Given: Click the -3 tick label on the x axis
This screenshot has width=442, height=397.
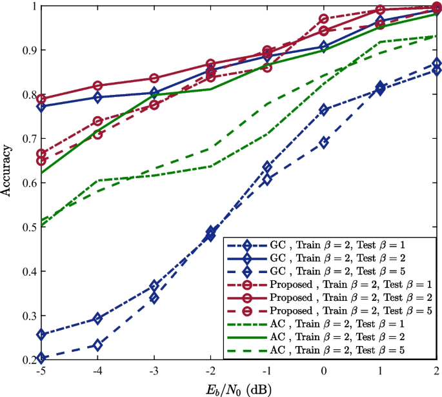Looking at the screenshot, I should click(x=153, y=372).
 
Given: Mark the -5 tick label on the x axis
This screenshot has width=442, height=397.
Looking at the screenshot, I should click(x=40, y=372).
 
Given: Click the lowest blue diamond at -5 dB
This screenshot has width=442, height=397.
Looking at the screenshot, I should click(x=41, y=358).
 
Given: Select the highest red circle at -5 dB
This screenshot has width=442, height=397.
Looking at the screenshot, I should click(x=41, y=99).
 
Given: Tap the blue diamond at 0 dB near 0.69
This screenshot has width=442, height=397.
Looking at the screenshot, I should click(x=324, y=143).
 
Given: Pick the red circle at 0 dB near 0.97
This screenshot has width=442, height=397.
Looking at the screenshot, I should click(x=324, y=19).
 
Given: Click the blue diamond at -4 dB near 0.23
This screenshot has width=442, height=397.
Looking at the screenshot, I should click(x=97, y=345).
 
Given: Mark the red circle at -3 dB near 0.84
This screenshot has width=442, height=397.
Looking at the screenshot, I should click(x=154, y=78).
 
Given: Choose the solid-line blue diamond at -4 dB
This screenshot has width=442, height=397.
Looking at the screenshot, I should click(x=97, y=97).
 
